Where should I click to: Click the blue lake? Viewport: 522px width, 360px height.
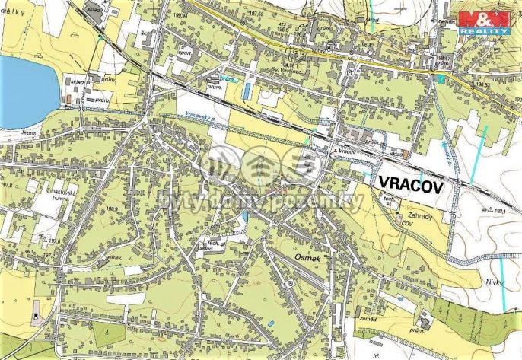pos(23,91)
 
